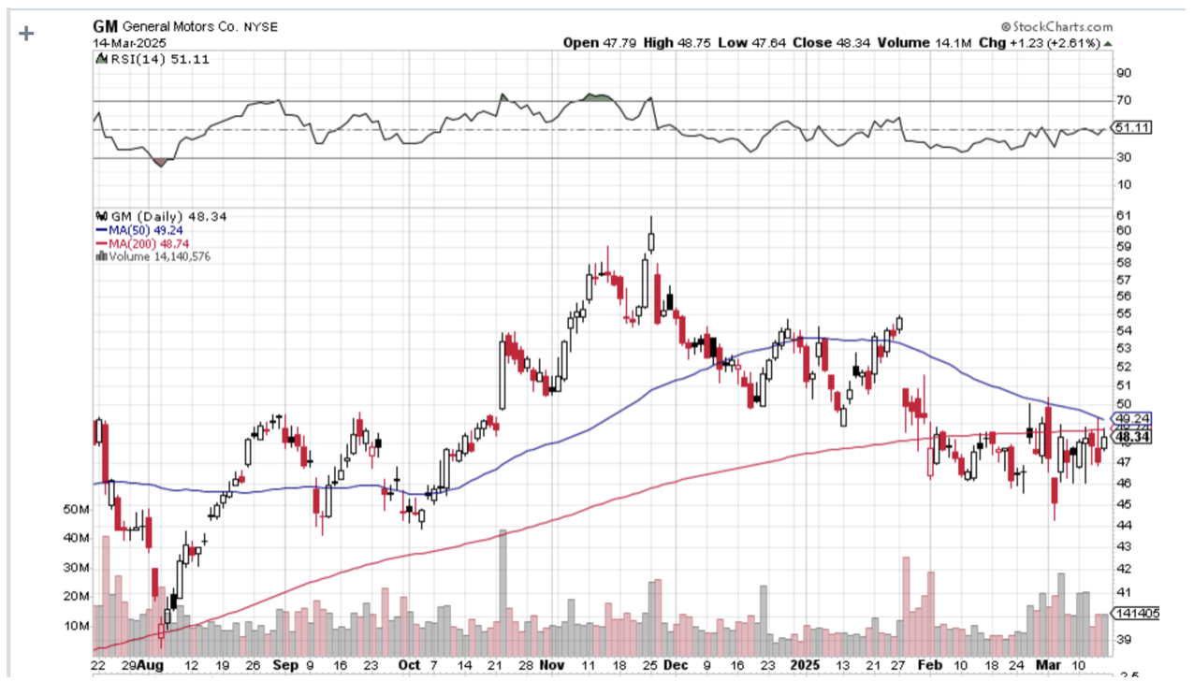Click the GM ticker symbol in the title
[x=106, y=27]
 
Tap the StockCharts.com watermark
[x=1056, y=28]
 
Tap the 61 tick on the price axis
[x=1123, y=215]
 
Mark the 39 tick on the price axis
[x=1123, y=640]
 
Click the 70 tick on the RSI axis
[x=1123, y=100]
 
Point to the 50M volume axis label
[x=76, y=510]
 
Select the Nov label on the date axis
[x=553, y=664]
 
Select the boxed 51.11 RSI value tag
[x=1131, y=128]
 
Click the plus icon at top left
[x=26, y=34]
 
